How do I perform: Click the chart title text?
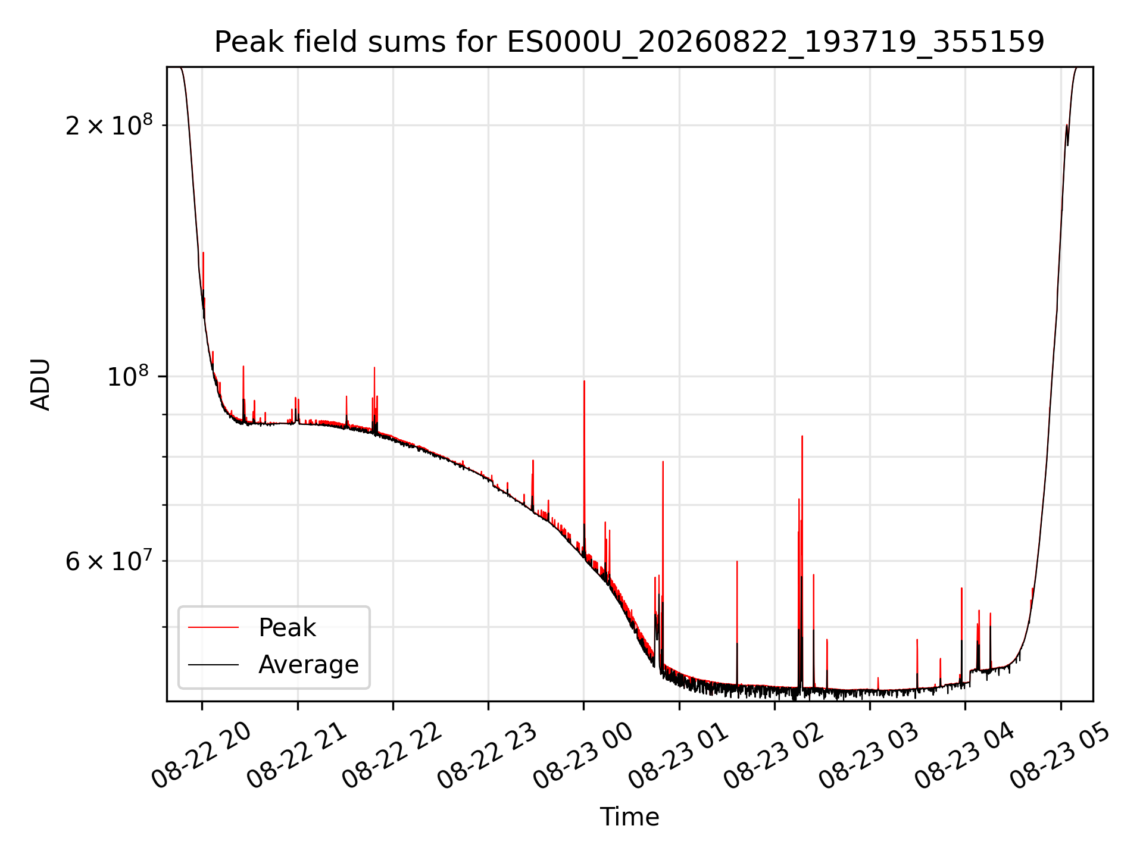click(629, 42)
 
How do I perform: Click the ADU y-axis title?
click(40, 384)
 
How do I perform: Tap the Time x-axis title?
click(629, 817)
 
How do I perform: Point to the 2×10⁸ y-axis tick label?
click(109, 125)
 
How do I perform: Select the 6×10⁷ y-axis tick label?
click(109, 561)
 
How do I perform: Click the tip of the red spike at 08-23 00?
click(584, 381)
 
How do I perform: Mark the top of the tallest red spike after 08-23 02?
click(802, 436)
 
